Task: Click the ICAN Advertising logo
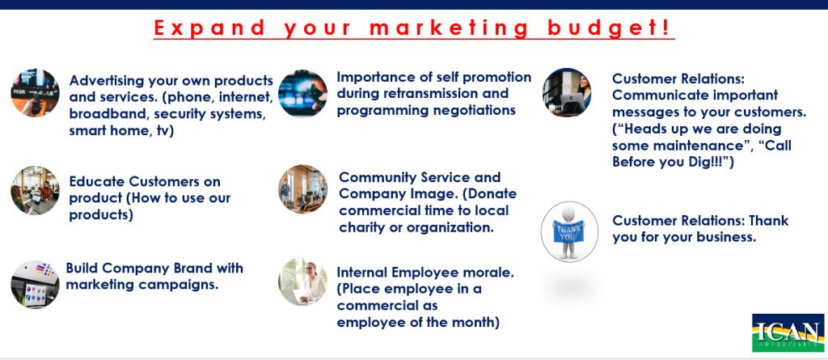[788, 332]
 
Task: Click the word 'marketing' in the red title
[449, 27]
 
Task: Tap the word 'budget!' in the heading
[609, 28]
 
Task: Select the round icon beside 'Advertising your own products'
[36, 92]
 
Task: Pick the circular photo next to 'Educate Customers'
[36, 190]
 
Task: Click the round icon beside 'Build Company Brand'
[36, 284]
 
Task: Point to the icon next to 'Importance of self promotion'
[303, 93]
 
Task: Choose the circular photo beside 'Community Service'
[303, 189]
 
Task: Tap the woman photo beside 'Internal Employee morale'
[303, 282]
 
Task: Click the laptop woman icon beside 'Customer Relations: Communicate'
[567, 92]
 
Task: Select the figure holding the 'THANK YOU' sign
[569, 231]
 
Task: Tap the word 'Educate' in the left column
[95, 181]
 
